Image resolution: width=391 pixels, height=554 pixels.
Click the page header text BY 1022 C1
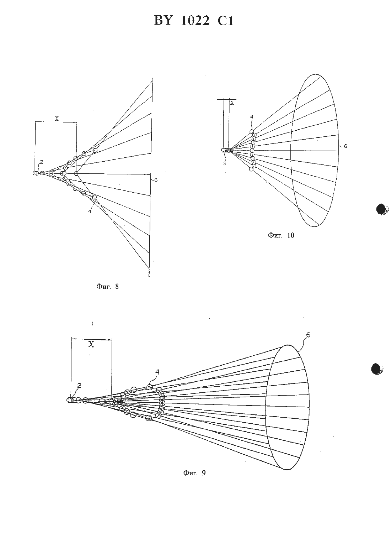pyautogui.click(x=194, y=21)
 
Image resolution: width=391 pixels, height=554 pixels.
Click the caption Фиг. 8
pyautogui.click(x=107, y=286)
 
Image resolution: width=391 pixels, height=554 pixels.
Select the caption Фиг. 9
pyautogui.click(x=194, y=473)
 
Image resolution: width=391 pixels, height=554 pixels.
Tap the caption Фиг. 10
pyautogui.click(x=281, y=235)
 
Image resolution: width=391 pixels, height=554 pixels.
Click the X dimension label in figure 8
pyautogui.click(x=57, y=119)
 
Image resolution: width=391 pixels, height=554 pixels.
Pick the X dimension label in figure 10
pyautogui.click(x=232, y=103)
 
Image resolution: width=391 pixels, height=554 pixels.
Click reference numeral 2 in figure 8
pyautogui.click(x=42, y=162)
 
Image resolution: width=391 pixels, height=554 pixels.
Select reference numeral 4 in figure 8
pyautogui.click(x=90, y=211)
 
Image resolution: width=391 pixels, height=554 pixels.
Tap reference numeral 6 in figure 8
pyautogui.click(x=156, y=180)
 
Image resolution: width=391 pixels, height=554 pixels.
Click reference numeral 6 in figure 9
pyautogui.click(x=308, y=335)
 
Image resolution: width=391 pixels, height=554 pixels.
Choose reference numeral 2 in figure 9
pyautogui.click(x=79, y=385)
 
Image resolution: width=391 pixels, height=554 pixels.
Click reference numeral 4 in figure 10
pyautogui.click(x=252, y=116)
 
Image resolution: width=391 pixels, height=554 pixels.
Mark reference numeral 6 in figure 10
pyautogui.click(x=346, y=146)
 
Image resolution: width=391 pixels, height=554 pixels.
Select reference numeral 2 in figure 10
pyautogui.click(x=225, y=163)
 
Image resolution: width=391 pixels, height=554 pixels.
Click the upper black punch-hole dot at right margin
pyautogui.click(x=381, y=209)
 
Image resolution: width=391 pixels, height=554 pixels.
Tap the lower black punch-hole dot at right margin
pyautogui.click(x=376, y=369)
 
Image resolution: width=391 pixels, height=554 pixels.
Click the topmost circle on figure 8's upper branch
pyautogui.click(x=95, y=150)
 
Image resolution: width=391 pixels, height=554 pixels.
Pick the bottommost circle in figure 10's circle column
pyautogui.click(x=251, y=169)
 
